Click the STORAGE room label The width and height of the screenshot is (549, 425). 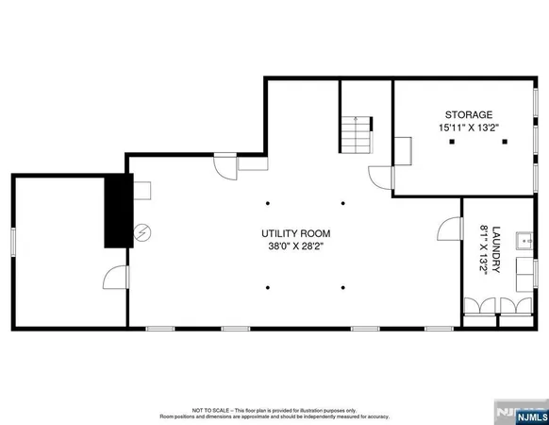463,114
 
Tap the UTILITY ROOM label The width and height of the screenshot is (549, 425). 295,233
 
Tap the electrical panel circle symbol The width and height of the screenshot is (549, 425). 142,230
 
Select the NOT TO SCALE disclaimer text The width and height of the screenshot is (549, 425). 273,413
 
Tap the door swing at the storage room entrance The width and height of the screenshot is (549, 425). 378,178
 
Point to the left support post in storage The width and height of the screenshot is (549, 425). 452,142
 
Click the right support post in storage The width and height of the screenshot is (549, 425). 505,142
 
